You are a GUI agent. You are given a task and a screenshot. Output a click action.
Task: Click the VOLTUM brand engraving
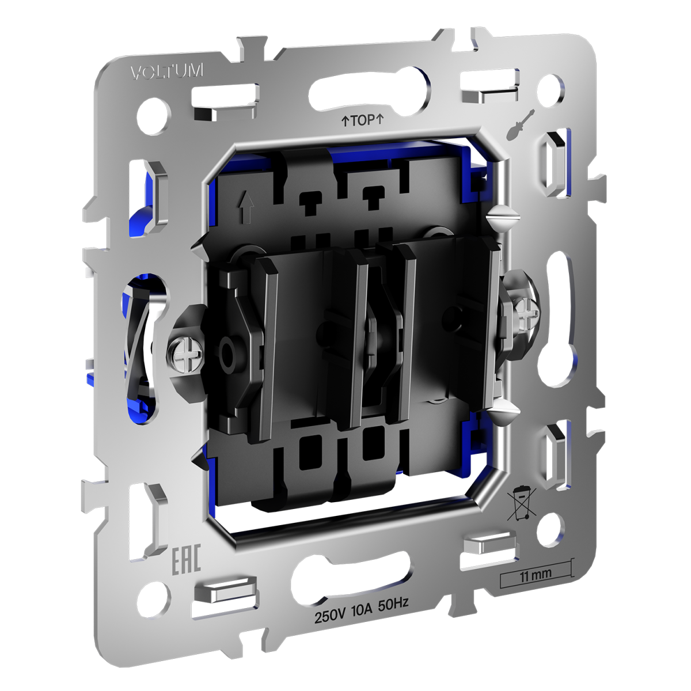[167, 72]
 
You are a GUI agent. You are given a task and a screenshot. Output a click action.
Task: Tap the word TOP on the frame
[363, 120]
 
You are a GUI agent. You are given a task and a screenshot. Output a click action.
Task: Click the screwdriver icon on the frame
[519, 124]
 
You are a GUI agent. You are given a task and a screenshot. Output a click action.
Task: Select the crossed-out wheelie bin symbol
[521, 503]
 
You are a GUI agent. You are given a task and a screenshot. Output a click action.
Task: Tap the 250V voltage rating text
[329, 617]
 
